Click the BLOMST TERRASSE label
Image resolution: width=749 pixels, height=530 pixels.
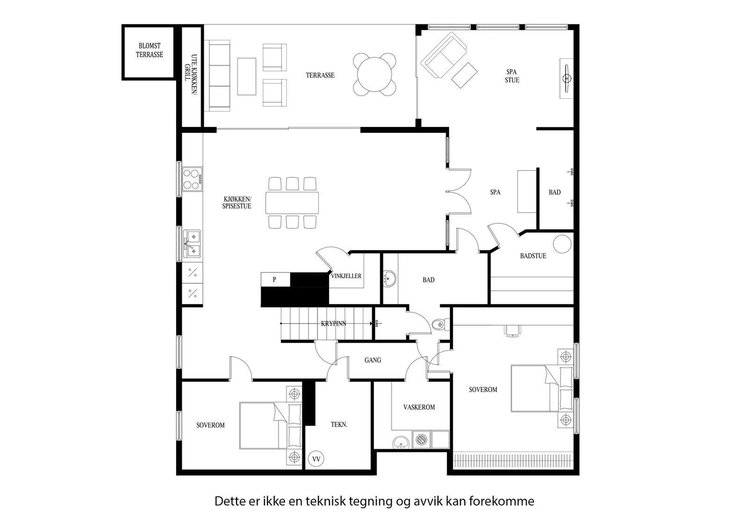pyautogui.click(x=149, y=50)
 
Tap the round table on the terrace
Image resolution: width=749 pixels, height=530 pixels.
pyautogui.click(x=374, y=74)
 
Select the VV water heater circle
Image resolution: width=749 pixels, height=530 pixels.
pyautogui.click(x=316, y=459)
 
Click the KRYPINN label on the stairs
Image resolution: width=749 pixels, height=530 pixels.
pyautogui.click(x=333, y=324)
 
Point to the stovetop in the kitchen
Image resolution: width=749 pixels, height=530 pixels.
pyautogui.click(x=192, y=179)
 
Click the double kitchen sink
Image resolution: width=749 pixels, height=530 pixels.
pyautogui.click(x=192, y=243)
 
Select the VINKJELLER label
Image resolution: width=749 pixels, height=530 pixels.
pyautogui.click(x=346, y=276)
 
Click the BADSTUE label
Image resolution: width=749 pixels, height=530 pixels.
pyautogui.click(x=533, y=256)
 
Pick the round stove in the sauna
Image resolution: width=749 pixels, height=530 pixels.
pyautogui.click(x=562, y=244)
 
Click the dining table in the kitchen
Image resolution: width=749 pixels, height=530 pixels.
pyautogui.click(x=292, y=203)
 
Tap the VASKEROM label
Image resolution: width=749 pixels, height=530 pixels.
pyautogui.click(x=419, y=407)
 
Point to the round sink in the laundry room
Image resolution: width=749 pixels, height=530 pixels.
pyautogui.click(x=401, y=442)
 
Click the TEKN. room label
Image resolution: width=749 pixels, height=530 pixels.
pyautogui.click(x=339, y=425)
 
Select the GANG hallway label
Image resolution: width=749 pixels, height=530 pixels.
pyautogui.click(x=373, y=360)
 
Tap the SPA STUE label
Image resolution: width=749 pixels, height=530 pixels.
pyautogui.click(x=512, y=76)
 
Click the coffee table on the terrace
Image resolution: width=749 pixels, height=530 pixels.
pyautogui.click(x=247, y=77)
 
